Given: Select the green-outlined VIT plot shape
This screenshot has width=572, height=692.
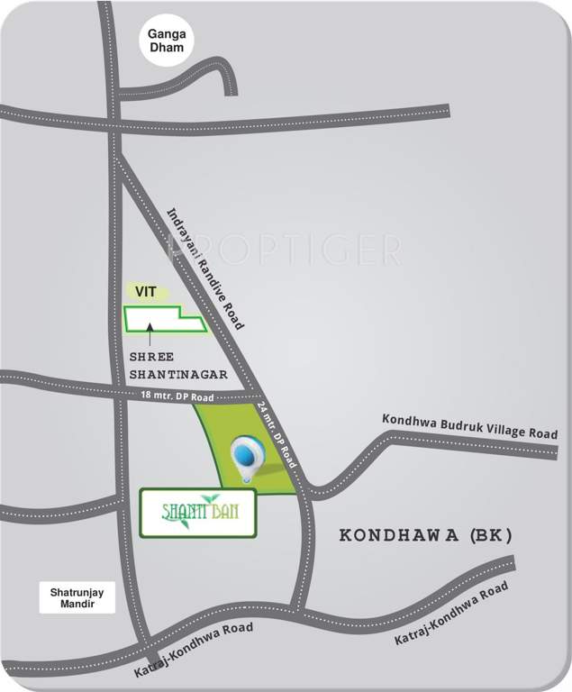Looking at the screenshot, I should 162,319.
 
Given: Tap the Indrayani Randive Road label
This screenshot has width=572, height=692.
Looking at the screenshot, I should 209,267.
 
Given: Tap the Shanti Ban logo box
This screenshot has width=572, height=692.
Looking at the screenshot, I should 198,514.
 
